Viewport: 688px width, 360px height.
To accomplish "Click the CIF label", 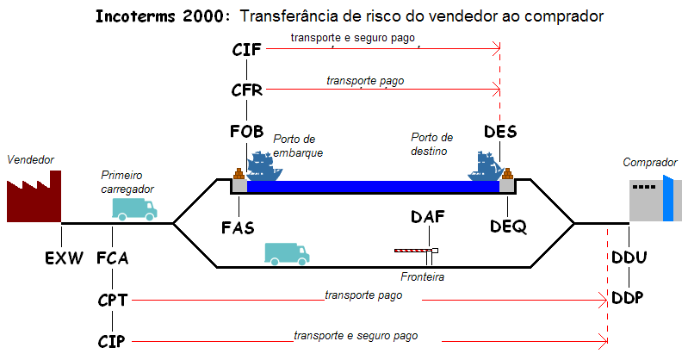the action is coord(246,50).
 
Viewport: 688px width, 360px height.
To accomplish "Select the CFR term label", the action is coord(246,90).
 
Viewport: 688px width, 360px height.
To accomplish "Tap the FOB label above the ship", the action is coord(246,131).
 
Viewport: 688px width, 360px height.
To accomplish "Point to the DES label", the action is coord(500,131).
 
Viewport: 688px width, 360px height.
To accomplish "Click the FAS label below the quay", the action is coord(238,227).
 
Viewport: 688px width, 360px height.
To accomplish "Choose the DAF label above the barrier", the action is coord(428,216).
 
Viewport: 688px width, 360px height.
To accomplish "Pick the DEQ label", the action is coord(508,227).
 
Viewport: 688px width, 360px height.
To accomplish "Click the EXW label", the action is coord(64,258).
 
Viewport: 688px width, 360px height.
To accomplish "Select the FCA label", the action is coord(112,258).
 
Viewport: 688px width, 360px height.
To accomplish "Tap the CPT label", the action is coord(112,301).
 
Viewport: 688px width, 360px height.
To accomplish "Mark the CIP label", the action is coord(111,341).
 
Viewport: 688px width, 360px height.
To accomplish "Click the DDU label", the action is coord(629,258).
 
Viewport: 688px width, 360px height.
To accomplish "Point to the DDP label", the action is coord(628,298).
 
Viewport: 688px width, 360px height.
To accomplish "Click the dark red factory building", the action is coord(34,196).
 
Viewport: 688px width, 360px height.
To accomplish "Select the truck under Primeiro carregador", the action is coord(134,209).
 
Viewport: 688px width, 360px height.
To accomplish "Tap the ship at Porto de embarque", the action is coord(263,166).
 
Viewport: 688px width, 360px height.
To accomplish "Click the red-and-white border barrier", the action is coord(417,251).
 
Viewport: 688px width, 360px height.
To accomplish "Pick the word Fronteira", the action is coord(422,276).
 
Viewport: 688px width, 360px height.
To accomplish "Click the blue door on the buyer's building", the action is coord(667,198).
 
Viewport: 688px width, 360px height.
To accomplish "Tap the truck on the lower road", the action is coord(287,254).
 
